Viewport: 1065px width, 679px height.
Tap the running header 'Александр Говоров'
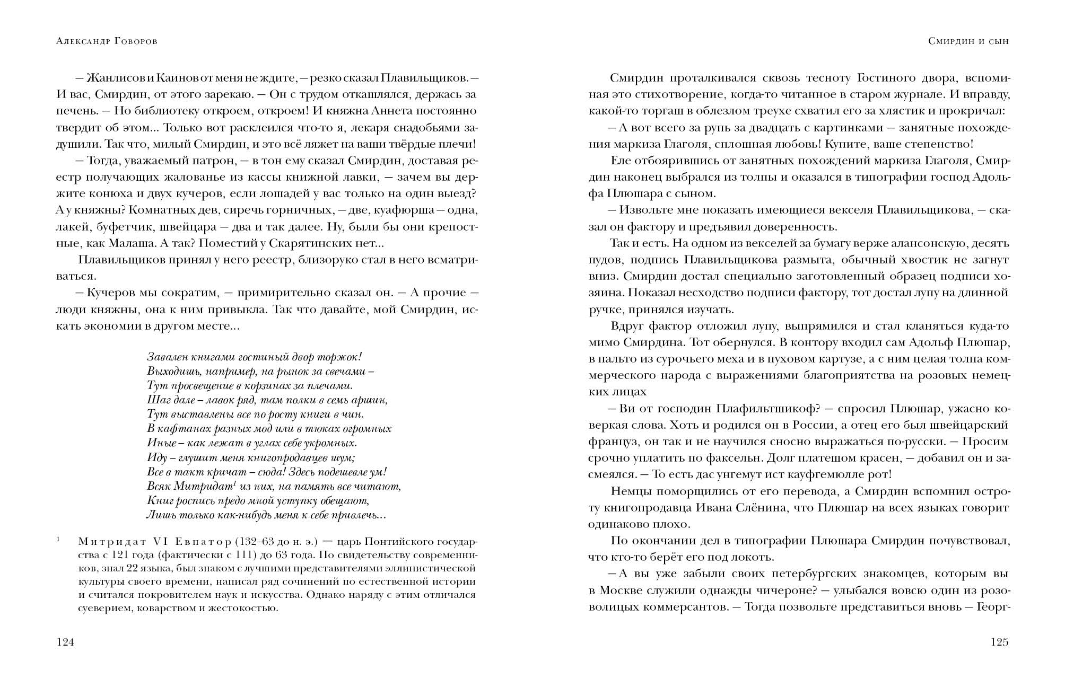106,41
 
